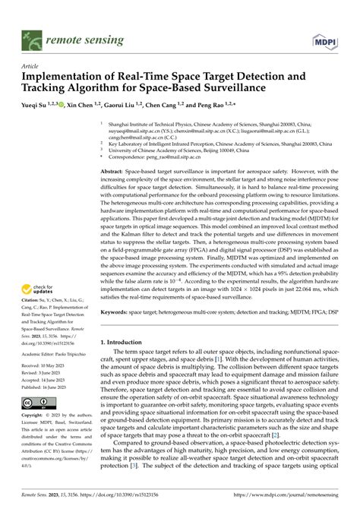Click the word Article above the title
click(x=30, y=66)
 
